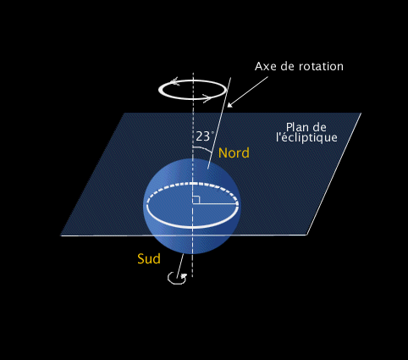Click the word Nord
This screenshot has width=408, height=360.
coord(234,152)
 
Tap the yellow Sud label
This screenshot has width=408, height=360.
coord(149,258)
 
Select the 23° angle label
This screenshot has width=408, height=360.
coord(205,136)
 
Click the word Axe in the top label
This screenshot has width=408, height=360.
coord(266,66)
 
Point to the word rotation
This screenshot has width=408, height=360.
coord(321,66)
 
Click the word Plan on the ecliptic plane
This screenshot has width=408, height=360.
coord(298,127)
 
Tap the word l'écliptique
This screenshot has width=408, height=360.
coord(306,137)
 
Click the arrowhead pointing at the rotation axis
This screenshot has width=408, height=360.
coord(229,105)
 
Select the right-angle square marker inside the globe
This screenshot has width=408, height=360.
coord(196,200)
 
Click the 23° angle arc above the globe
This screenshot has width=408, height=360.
coord(204,148)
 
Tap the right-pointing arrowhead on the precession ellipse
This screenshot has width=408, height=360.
coord(207,98)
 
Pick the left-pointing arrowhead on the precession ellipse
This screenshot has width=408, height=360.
coord(174,81)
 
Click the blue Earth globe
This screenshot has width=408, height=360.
coord(192,206)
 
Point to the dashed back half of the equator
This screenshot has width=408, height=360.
coord(193,184)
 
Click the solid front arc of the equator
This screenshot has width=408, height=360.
coord(193,227)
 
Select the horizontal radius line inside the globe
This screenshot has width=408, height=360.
coord(215,203)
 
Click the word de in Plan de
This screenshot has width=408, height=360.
coord(320,127)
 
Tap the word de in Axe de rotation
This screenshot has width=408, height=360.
coord(288,66)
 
